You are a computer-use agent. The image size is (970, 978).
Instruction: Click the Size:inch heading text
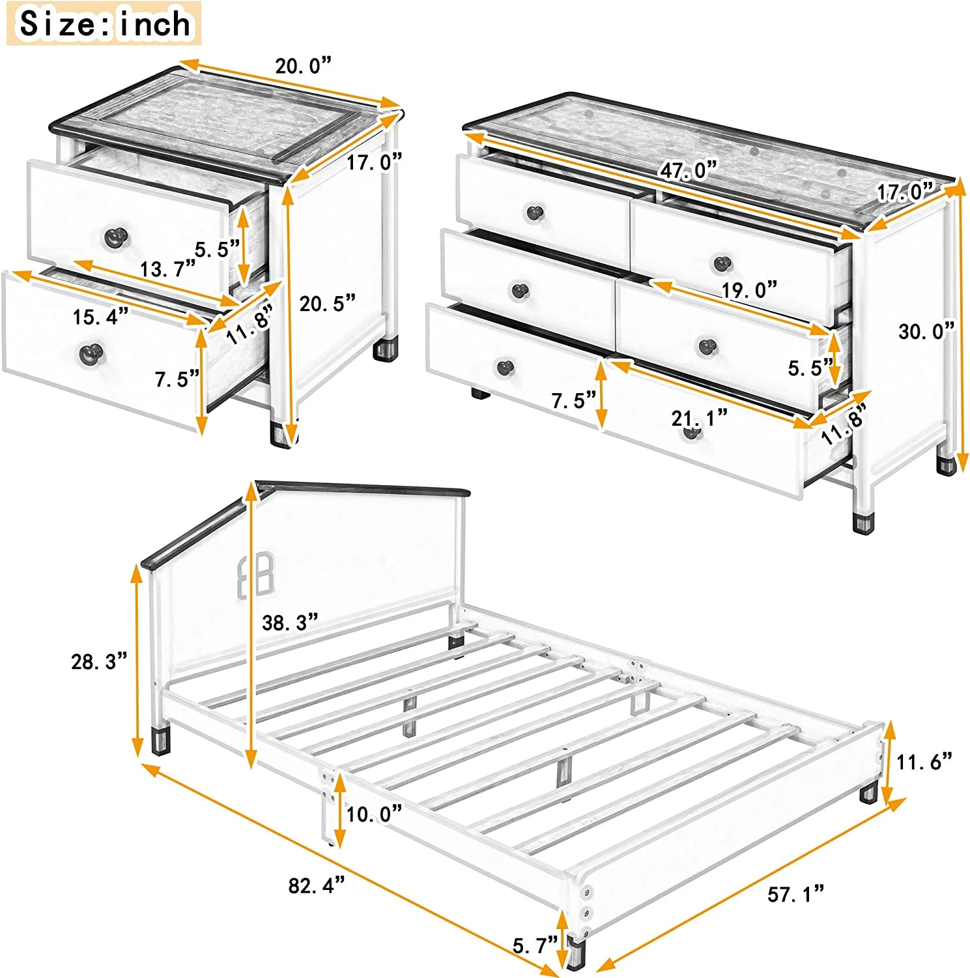pos(104,24)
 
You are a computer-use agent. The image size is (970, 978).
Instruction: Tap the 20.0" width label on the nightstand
pos(303,66)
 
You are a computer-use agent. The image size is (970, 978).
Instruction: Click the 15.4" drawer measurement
pos(100,317)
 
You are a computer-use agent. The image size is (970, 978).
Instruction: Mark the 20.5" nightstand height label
pos(327,303)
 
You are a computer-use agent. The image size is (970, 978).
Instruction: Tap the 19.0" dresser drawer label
pos(749,289)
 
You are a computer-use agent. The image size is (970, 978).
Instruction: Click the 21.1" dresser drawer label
pos(699,418)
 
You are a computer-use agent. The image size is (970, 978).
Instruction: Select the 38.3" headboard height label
pos(290,623)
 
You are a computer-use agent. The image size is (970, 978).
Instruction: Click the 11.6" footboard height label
pos(924,761)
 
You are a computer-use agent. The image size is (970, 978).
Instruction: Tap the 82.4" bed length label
pos(317,885)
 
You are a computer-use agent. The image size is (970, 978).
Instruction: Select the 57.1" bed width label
pos(795,894)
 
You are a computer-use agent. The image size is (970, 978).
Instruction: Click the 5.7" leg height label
pos(535,945)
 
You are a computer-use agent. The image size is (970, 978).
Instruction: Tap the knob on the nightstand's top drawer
pos(117,237)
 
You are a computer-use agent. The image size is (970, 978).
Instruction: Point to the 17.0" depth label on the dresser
pos(904,192)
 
